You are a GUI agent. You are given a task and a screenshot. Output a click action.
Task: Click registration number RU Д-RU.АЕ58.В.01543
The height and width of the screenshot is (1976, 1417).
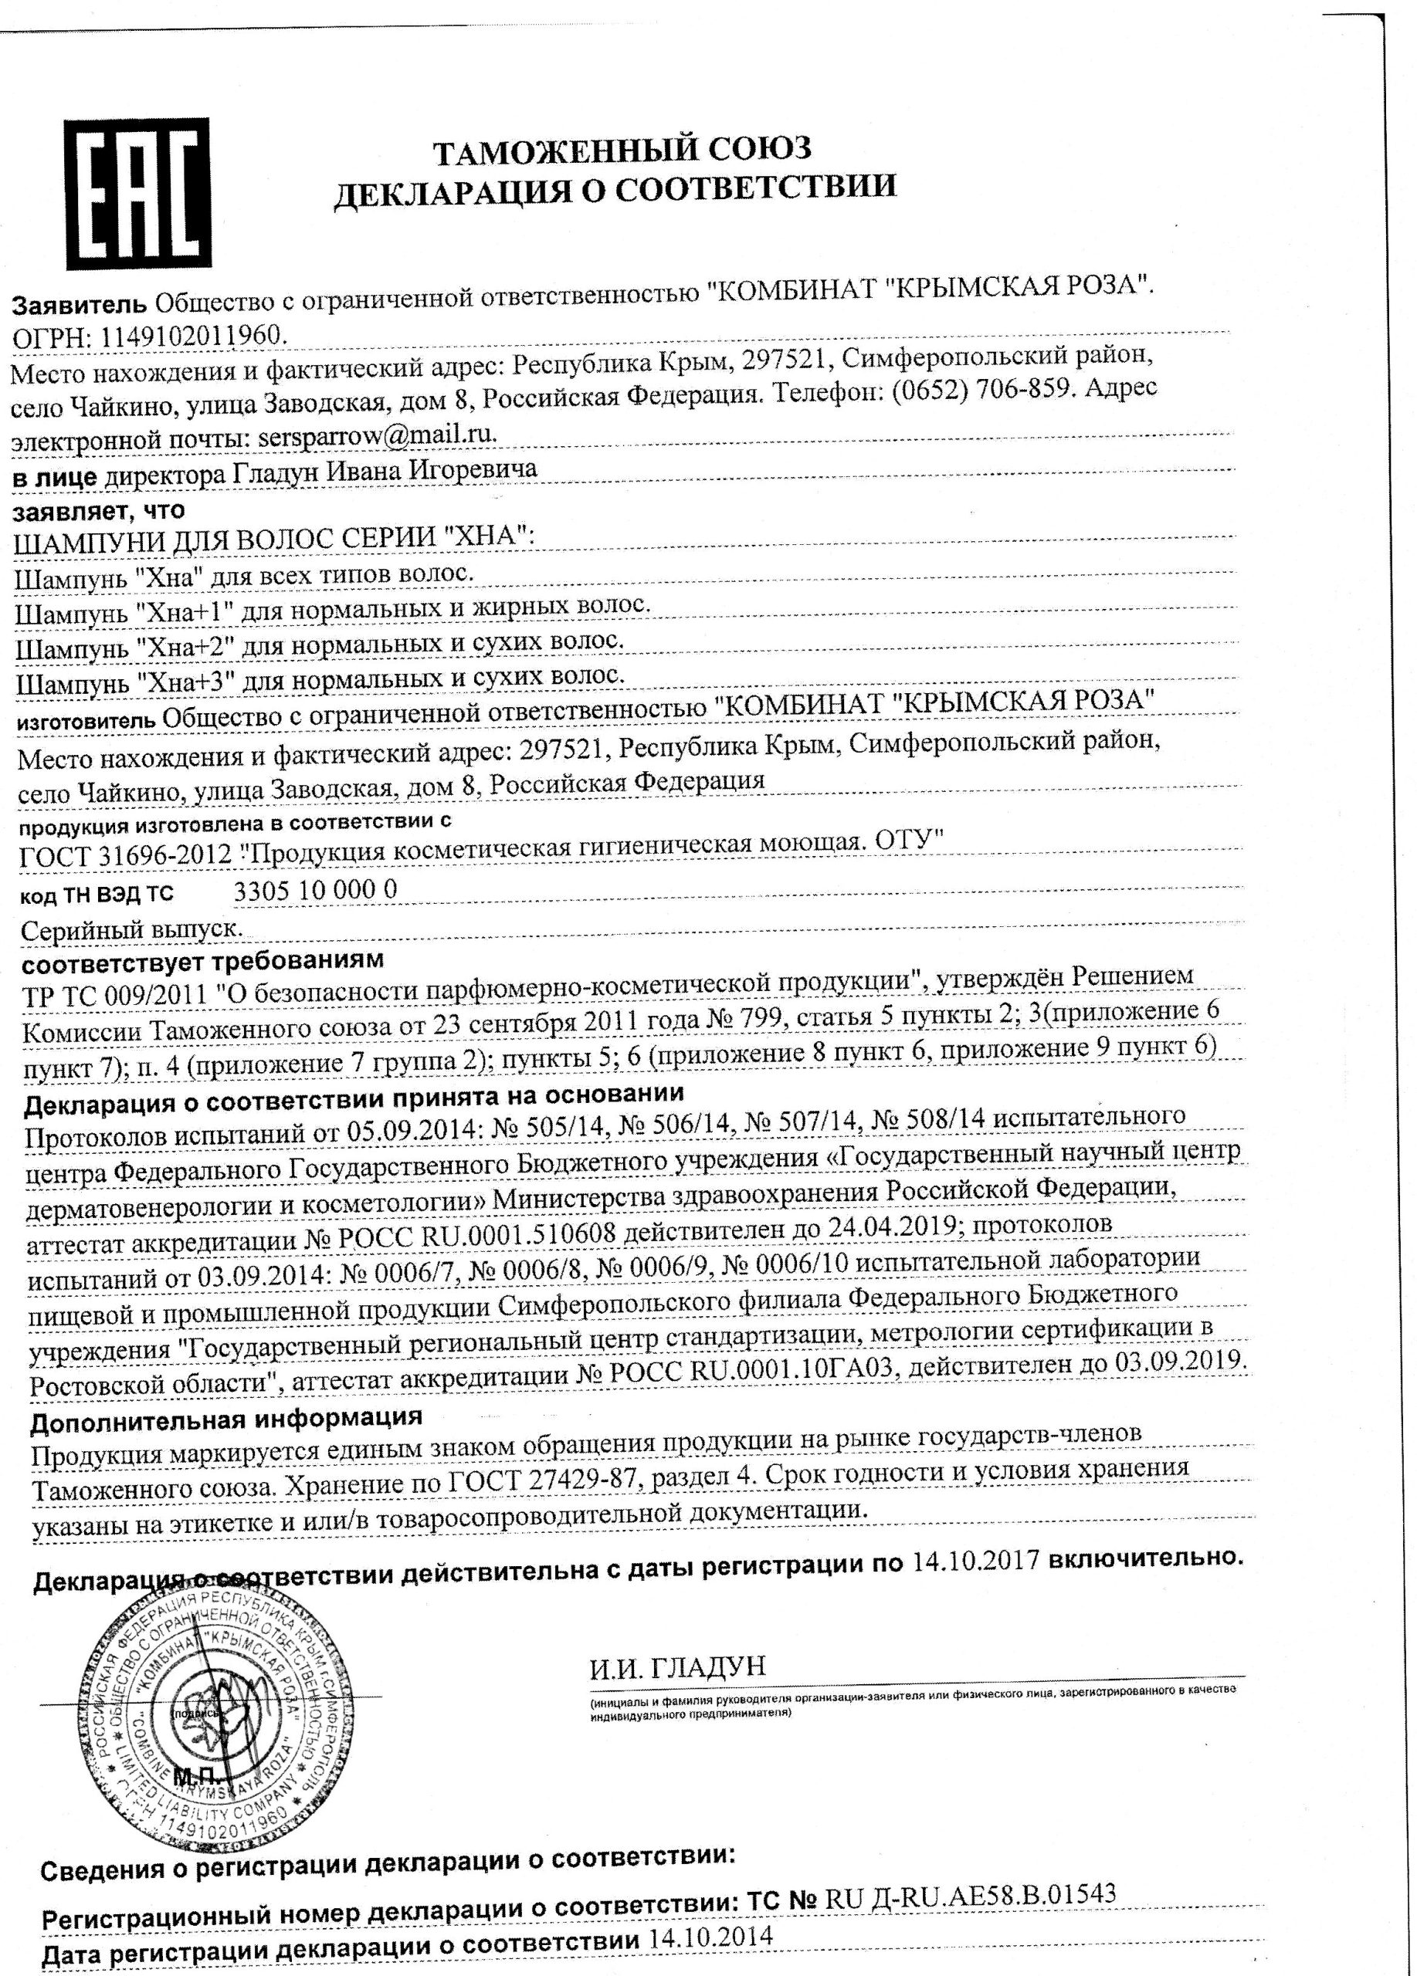pos(968,1893)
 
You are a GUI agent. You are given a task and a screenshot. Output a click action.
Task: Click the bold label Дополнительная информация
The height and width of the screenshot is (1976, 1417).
pos(225,1419)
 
